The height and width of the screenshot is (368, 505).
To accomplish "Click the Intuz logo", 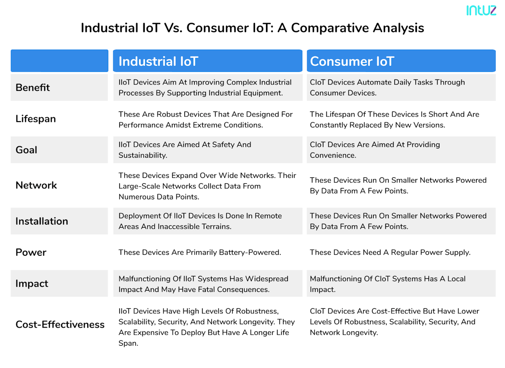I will click(x=481, y=11).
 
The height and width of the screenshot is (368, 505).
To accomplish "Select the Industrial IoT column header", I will click(x=158, y=61).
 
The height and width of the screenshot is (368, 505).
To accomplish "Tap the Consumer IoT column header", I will click(x=351, y=61).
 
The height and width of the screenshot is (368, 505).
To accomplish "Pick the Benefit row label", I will click(x=33, y=87).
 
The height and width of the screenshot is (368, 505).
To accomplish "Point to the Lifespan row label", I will click(x=36, y=119).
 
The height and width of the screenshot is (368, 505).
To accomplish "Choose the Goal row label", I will click(x=27, y=150).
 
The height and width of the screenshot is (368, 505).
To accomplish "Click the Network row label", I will click(x=36, y=185).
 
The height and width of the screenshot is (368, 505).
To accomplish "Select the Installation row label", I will click(x=42, y=221).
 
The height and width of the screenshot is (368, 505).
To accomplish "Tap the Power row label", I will click(x=31, y=252).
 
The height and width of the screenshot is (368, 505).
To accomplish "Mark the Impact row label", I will click(x=32, y=284).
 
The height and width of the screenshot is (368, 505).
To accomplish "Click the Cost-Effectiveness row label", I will click(x=60, y=325).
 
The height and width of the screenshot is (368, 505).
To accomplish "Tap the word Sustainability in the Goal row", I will click(x=142, y=155).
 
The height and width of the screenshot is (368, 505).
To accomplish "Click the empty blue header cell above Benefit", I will click(x=59, y=61).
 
